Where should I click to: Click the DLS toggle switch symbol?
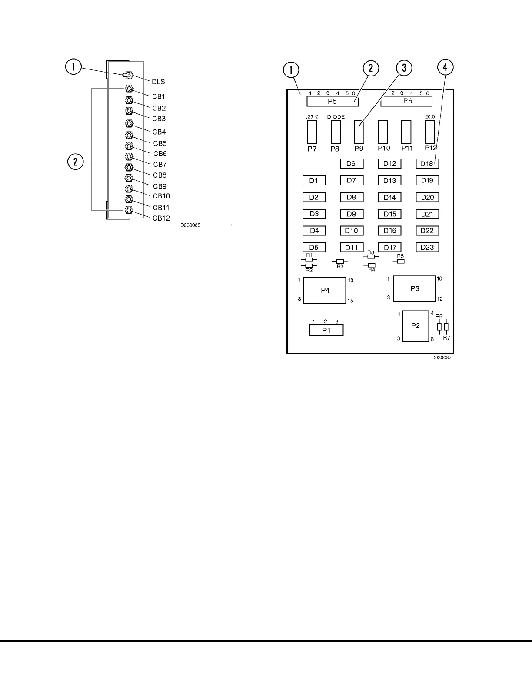tap(128, 76)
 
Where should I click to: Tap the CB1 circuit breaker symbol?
tap(129, 89)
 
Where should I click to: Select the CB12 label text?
tap(161, 218)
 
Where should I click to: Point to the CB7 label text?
tap(160, 164)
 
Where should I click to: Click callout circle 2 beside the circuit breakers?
tap(76, 162)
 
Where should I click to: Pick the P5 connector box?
tap(332, 101)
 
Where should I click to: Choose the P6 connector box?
tap(407, 101)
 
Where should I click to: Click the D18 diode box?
tap(427, 164)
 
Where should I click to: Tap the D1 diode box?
tap(314, 180)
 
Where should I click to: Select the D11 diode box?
tap(352, 247)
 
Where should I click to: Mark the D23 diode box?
tap(427, 247)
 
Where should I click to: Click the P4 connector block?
tap(325, 290)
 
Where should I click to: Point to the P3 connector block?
tap(415, 288)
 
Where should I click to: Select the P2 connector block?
tap(416, 326)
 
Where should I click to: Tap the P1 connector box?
tap(326, 330)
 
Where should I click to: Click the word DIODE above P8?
tap(336, 117)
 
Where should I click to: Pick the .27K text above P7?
tap(312, 117)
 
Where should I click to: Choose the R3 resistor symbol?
tap(340, 261)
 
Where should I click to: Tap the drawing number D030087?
tap(441, 357)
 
